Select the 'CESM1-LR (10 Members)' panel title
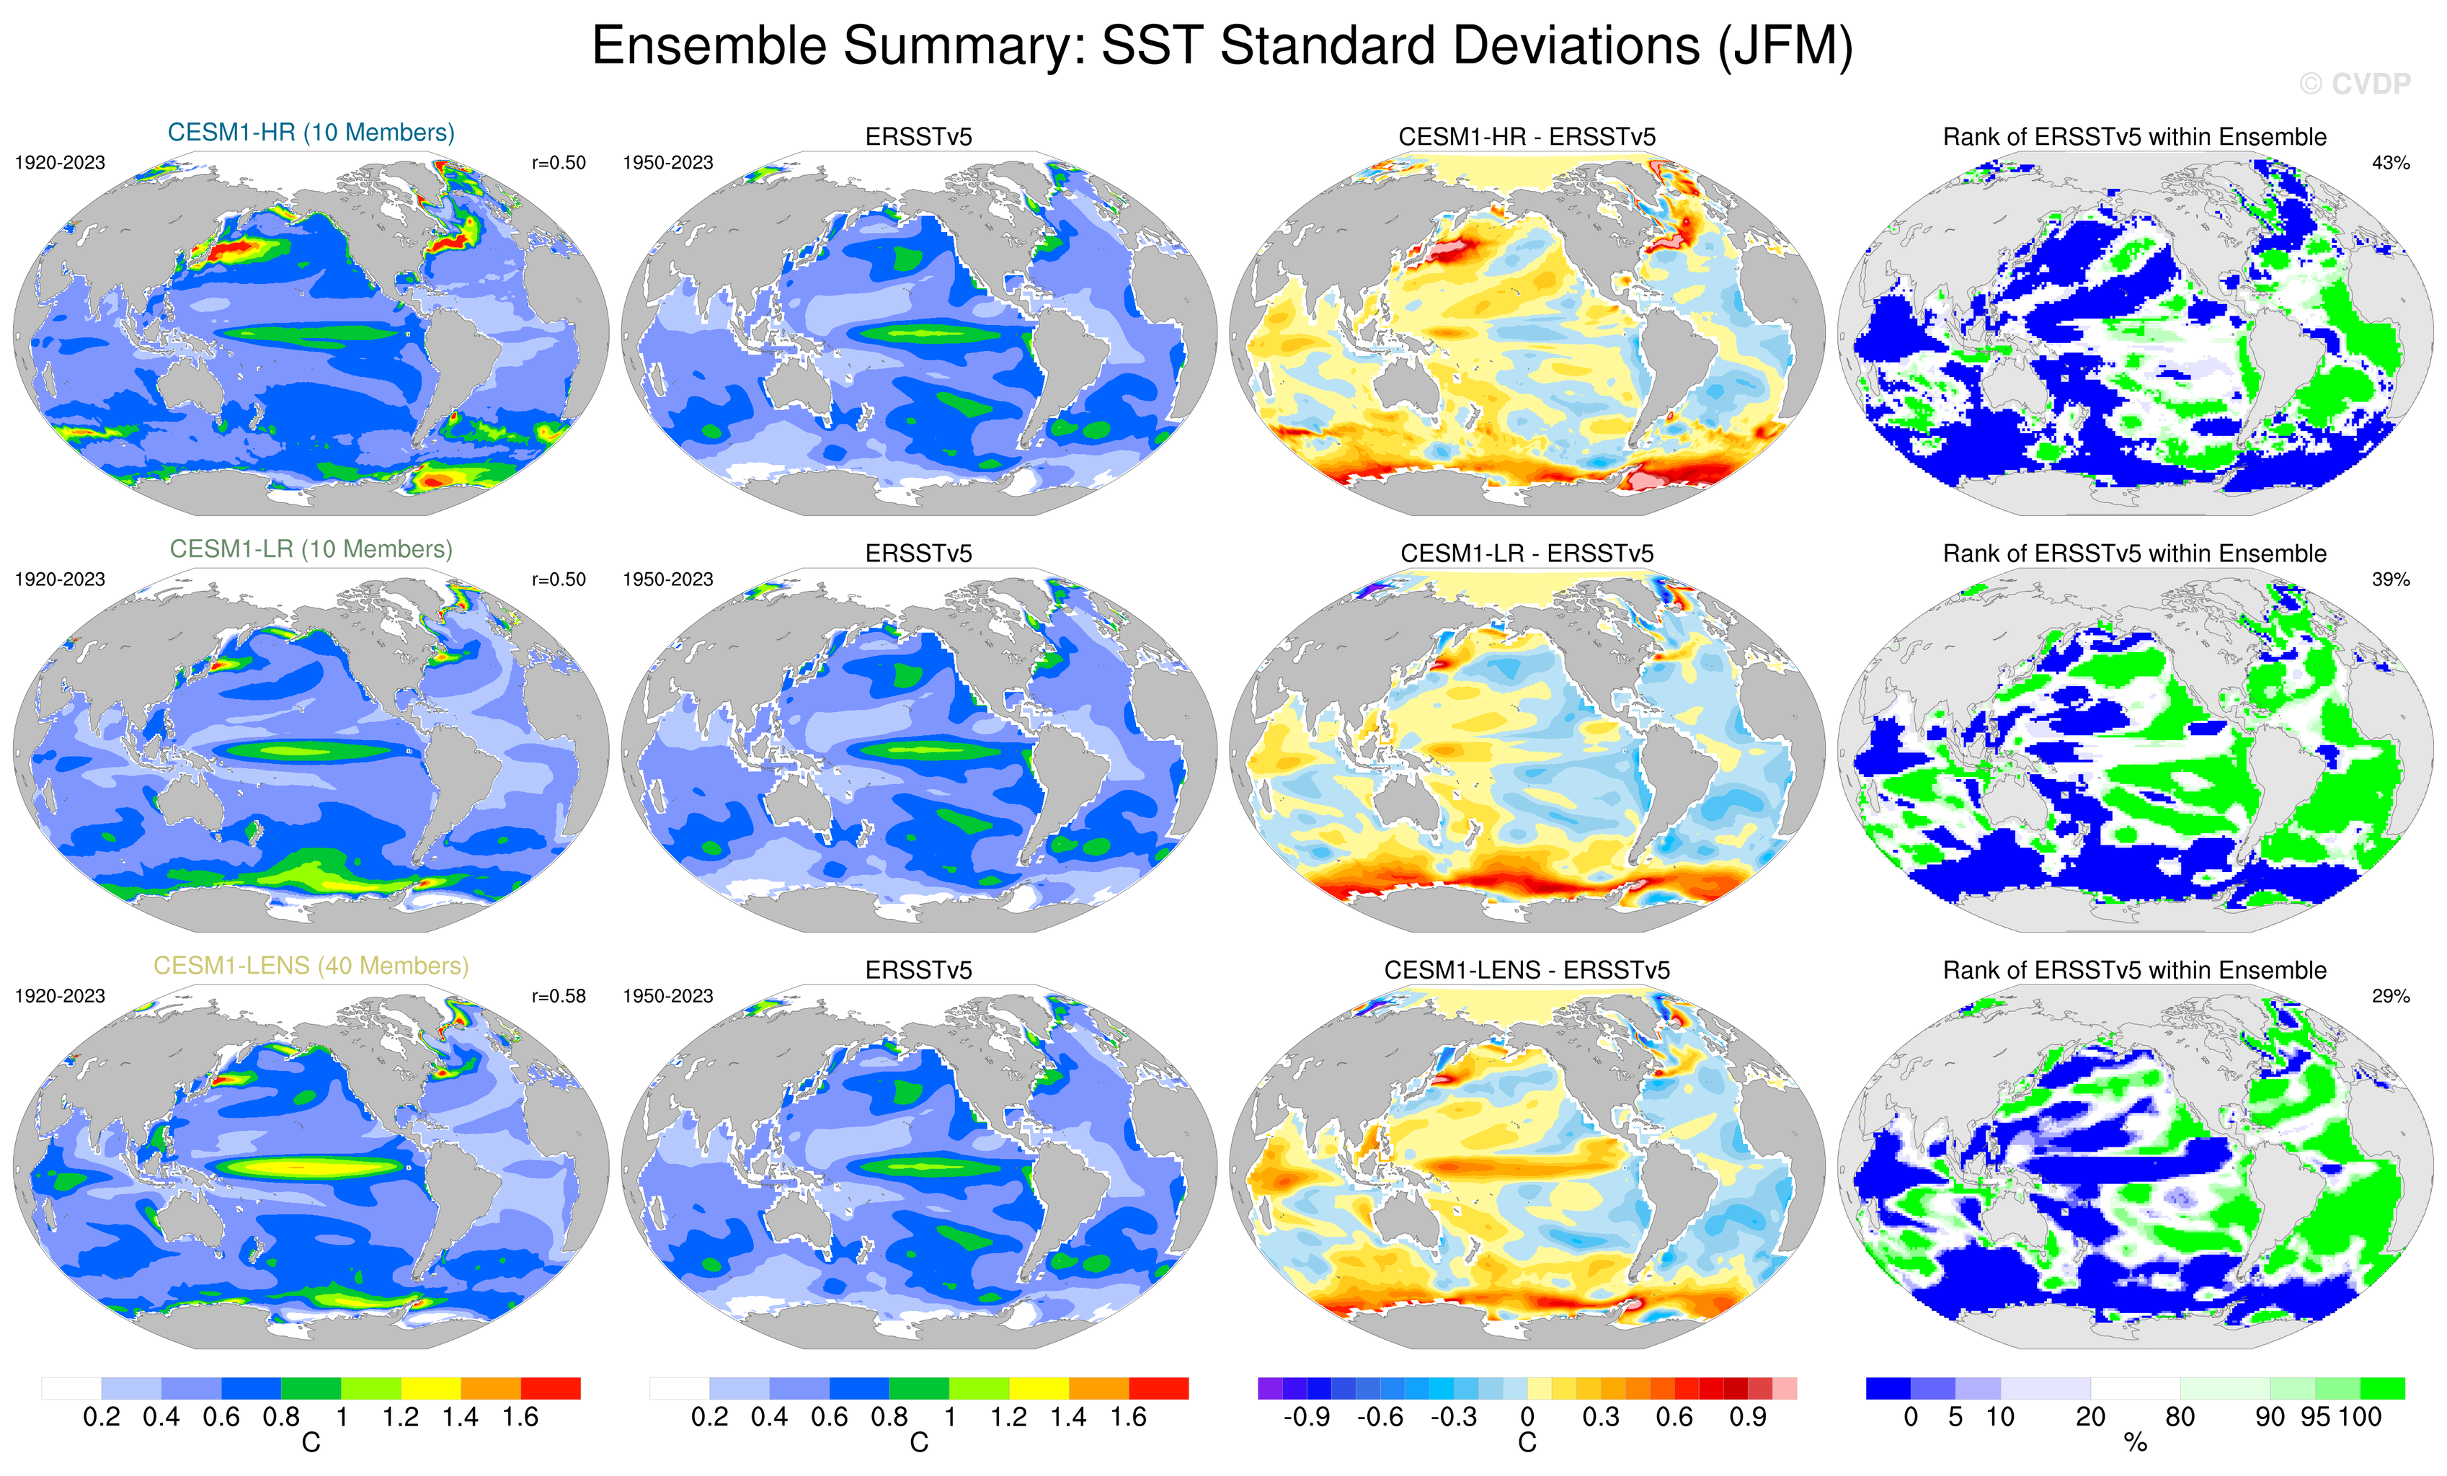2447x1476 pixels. tap(311, 549)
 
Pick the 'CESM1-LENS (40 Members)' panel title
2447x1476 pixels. tap(311, 966)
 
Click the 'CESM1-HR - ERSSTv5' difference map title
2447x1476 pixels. tap(1527, 137)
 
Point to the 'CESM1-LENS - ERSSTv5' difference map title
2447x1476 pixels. tap(1527, 970)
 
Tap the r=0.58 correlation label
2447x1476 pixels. tap(559, 996)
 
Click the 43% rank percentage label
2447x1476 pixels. tap(2390, 163)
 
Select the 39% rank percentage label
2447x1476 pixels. tap(2390, 579)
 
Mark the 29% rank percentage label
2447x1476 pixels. tap(2390, 996)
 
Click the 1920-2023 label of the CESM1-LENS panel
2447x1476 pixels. tap(60, 996)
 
